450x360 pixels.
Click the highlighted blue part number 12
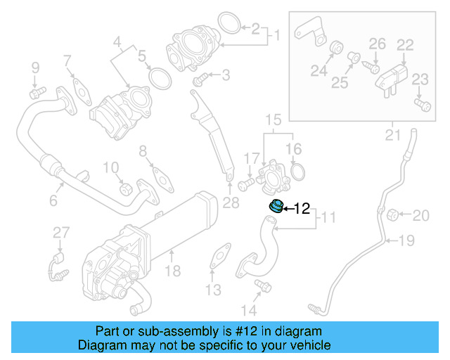tap(276, 207)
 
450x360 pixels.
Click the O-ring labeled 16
tap(298, 172)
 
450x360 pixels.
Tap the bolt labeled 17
tap(245, 184)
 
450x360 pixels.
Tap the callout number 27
tap(61, 233)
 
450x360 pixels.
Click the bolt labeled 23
tap(422, 105)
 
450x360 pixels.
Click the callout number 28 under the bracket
tap(231, 204)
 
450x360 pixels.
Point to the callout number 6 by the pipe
tap(53, 201)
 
